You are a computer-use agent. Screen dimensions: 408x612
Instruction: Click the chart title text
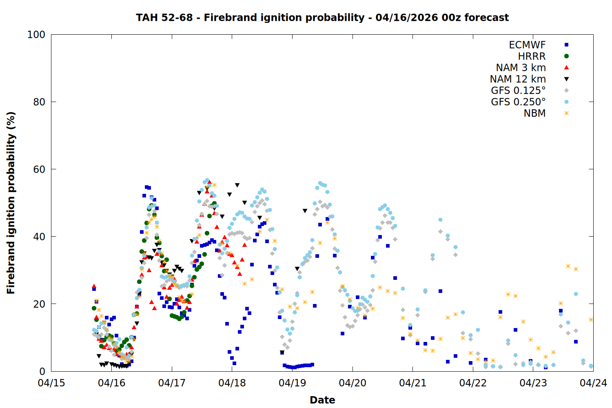pos(322,18)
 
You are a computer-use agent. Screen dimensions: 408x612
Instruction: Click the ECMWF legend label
pos(527,45)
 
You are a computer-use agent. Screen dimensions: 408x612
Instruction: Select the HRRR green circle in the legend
pos(566,56)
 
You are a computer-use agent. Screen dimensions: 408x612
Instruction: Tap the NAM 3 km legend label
pos(521,68)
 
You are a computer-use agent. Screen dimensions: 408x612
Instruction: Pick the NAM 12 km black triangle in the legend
pos(566,79)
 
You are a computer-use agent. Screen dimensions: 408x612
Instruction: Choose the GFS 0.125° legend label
pos(518,91)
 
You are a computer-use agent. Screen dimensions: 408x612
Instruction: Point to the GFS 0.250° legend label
pos(518,102)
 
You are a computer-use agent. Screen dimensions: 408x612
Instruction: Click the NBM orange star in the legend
pos(566,113)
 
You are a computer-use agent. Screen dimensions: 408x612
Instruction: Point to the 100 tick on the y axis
pos(36,35)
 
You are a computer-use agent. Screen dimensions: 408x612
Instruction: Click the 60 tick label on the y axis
pos(39,169)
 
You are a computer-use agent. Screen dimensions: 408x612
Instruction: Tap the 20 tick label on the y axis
pos(39,304)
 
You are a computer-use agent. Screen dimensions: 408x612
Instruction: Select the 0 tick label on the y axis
pos(42,371)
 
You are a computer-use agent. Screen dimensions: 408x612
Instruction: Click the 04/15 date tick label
pos(51,383)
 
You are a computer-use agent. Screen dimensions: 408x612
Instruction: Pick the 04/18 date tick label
pos(232,383)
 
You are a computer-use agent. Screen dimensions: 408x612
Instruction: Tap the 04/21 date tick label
pos(413,383)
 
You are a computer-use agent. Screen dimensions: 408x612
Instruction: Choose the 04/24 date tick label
pos(593,383)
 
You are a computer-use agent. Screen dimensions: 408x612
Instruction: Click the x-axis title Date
pos(322,400)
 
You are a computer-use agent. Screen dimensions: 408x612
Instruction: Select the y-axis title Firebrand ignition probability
pos(11,203)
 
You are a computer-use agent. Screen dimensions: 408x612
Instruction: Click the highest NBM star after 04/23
pos(568,266)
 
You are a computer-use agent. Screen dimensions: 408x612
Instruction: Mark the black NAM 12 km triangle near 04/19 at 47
pos(305,211)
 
